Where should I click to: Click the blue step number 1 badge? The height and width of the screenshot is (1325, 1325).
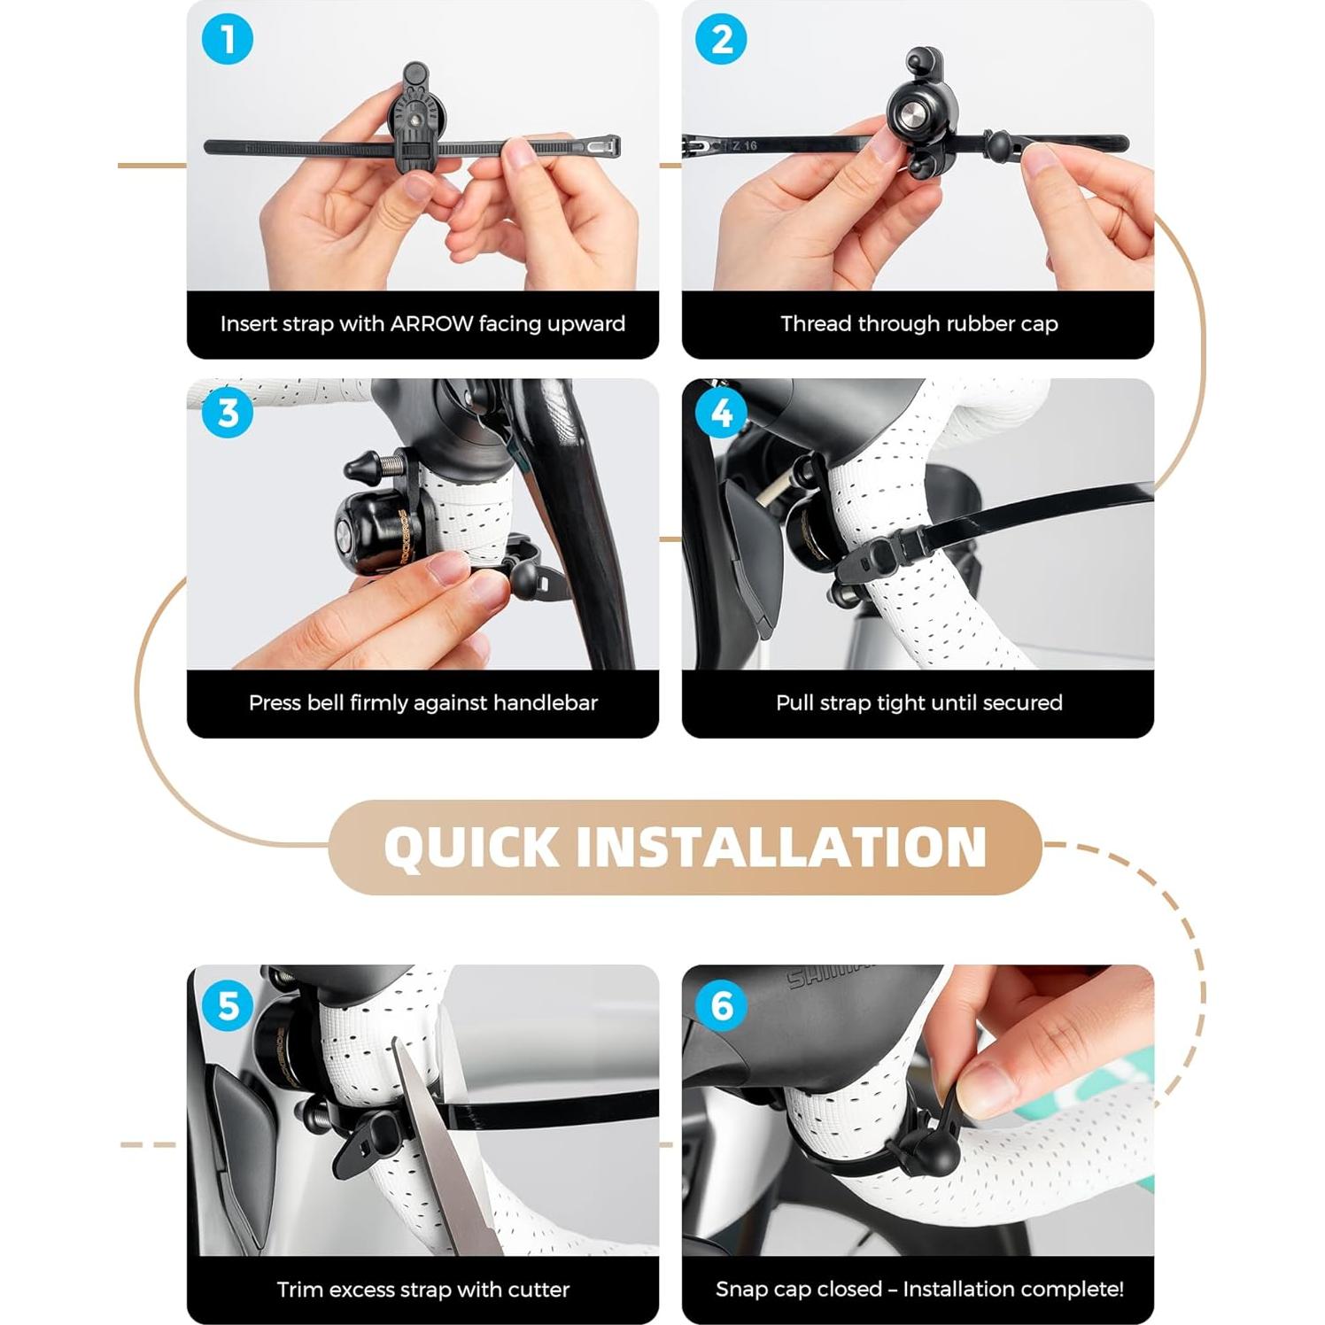click(x=228, y=40)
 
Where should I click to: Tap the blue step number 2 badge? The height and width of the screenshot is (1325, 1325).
click(x=722, y=40)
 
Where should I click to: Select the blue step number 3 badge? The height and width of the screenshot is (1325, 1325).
click(x=228, y=413)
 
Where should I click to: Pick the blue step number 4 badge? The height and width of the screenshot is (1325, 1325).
click(x=722, y=413)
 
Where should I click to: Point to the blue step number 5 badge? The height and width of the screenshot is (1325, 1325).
click(x=228, y=1005)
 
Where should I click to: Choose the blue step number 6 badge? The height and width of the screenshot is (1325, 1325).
click(x=722, y=1005)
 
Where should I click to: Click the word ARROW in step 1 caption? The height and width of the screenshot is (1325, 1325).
click(x=431, y=324)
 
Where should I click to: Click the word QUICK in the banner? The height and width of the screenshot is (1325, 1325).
click(x=472, y=847)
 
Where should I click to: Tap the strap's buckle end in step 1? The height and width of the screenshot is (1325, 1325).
click(x=602, y=145)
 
